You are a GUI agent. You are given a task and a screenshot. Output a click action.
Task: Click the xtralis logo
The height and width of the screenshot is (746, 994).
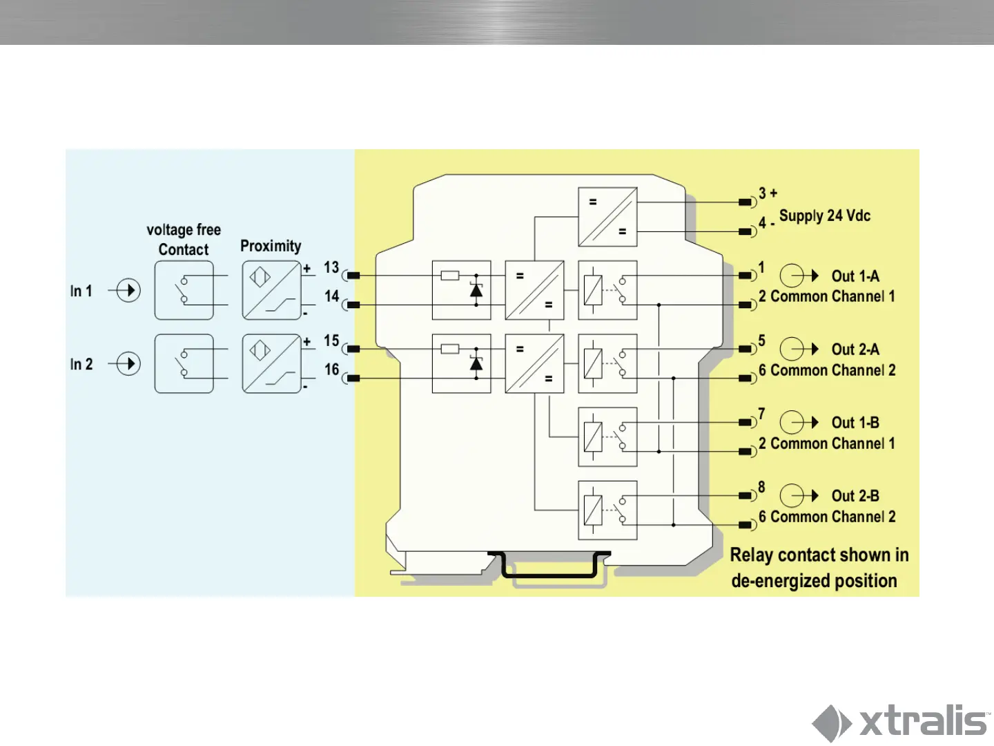(x=901, y=723)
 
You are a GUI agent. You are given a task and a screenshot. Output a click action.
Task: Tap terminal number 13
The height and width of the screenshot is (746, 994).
(x=331, y=267)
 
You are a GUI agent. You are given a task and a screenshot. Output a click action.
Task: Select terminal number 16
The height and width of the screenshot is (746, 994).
(x=332, y=370)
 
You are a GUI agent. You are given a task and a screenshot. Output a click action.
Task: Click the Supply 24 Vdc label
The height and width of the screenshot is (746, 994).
(x=824, y=216)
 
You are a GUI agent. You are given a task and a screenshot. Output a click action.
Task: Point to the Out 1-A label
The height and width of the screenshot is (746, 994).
(x=855, y=276)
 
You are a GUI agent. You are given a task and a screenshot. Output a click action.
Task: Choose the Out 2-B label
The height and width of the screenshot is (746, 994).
(x=855, y=496)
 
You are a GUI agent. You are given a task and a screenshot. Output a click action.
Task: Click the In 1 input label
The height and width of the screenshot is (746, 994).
(x=81, y=291)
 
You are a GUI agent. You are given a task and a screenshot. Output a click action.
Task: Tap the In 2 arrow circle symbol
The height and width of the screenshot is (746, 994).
(x=128, y=363)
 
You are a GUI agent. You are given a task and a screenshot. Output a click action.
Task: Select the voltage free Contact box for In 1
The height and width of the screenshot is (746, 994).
(x=184, y=290)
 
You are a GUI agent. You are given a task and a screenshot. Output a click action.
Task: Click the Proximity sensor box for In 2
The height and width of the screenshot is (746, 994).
(x=271, y=363)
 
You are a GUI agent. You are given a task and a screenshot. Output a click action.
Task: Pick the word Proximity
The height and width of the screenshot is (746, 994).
(x=271, y=246)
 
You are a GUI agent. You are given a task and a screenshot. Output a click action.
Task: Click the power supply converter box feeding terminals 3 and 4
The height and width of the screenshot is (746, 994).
(x=607, y=217)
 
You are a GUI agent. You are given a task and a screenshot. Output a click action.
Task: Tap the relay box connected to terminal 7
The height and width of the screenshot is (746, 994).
(x=607, y=437)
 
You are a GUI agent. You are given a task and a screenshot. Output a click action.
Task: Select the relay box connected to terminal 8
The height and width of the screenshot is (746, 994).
(x=607, y=510)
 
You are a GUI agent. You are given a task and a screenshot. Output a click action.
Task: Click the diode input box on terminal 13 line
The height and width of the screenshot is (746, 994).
(x=461, y=290)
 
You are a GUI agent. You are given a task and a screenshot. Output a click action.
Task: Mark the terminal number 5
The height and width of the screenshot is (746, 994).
(x=761, y=341)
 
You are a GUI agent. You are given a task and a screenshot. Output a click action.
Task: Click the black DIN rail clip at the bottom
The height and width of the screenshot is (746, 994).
(x=549, y=565)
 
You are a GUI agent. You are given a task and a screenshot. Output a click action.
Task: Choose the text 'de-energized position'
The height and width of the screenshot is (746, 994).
(x=814, y=581)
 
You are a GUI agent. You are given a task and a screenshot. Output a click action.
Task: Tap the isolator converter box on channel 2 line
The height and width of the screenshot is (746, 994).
(x=534, y=363)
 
